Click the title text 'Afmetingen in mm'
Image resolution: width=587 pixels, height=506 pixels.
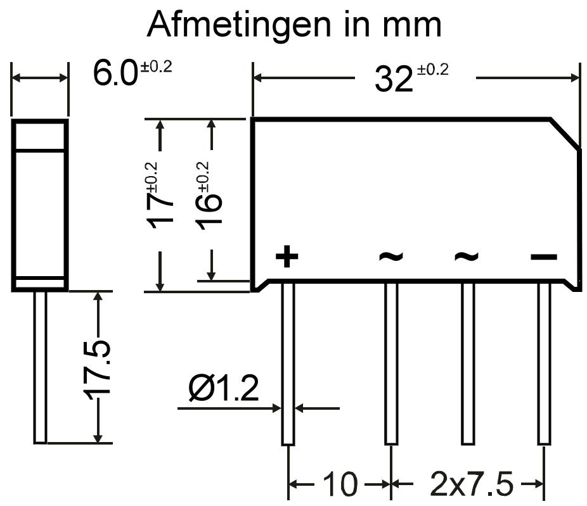coord(294,24)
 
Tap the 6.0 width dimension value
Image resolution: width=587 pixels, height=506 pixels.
coord(115,73)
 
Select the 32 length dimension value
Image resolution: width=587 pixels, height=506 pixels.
coord(394,79)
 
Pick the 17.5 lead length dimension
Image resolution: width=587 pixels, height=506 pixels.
coord(97,369)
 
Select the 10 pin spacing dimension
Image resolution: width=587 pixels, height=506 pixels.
coord(340,484)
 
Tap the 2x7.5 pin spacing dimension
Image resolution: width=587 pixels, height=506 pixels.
coord(472,484)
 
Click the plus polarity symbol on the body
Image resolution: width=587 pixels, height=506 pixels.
coord(287,256)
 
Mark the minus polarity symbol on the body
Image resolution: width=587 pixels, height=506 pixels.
coord(543,257)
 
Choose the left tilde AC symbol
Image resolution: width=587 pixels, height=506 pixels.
coord(391,256)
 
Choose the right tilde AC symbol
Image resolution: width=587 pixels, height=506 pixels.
coord(467,256)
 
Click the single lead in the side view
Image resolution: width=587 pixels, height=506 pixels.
coord(40,367)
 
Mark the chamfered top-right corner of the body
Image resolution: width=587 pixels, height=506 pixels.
coord(565,134)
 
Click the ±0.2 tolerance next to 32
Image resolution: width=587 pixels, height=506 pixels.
coord(433,70)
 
